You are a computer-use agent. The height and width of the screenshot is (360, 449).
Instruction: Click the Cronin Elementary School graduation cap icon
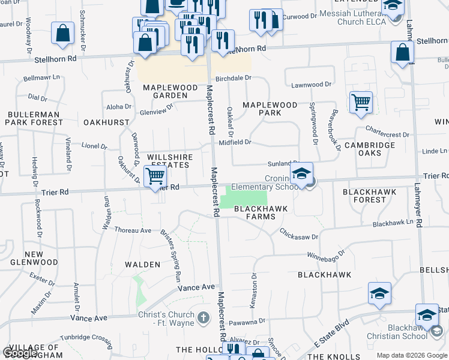302,175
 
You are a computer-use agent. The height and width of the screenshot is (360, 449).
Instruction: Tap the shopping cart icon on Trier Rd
155,176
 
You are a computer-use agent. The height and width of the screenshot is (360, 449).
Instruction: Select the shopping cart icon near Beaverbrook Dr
361,103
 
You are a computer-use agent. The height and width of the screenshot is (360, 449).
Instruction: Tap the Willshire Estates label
170,161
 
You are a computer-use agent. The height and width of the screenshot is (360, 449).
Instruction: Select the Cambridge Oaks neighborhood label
370,149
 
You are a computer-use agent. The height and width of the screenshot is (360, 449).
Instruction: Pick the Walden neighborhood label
142,264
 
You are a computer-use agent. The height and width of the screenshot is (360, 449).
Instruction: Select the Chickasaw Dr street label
298,234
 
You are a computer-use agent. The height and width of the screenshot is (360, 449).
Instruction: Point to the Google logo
20,353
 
